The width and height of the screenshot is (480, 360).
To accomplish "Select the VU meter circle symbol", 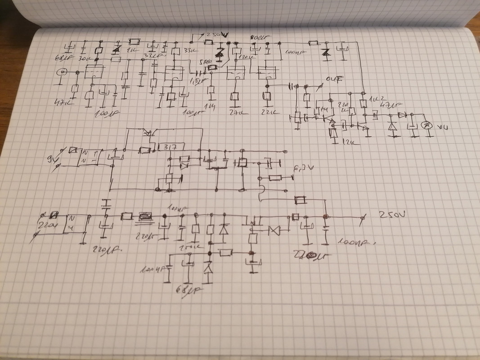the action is (x=430, y=126).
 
